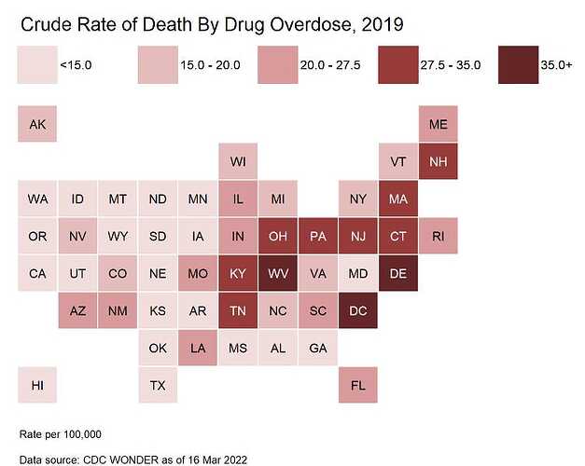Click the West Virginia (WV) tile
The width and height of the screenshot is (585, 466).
pos(278,274)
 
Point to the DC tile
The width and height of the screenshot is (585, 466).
pos(358,310)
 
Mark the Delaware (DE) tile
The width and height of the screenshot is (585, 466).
pos(398,274)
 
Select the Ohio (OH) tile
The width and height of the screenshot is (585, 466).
pos(278,237)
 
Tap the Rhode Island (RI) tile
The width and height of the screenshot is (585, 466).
pos(439,237)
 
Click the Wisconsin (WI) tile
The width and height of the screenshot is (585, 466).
pos(238,162)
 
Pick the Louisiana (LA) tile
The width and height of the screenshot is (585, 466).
pos(198,348)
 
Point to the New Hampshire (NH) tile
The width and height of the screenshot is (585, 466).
pos(439,162)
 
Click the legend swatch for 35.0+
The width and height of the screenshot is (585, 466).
pos(518,64)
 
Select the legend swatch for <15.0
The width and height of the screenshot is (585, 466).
pos(37,64)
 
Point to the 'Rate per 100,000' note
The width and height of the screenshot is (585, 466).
pos(60,434)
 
